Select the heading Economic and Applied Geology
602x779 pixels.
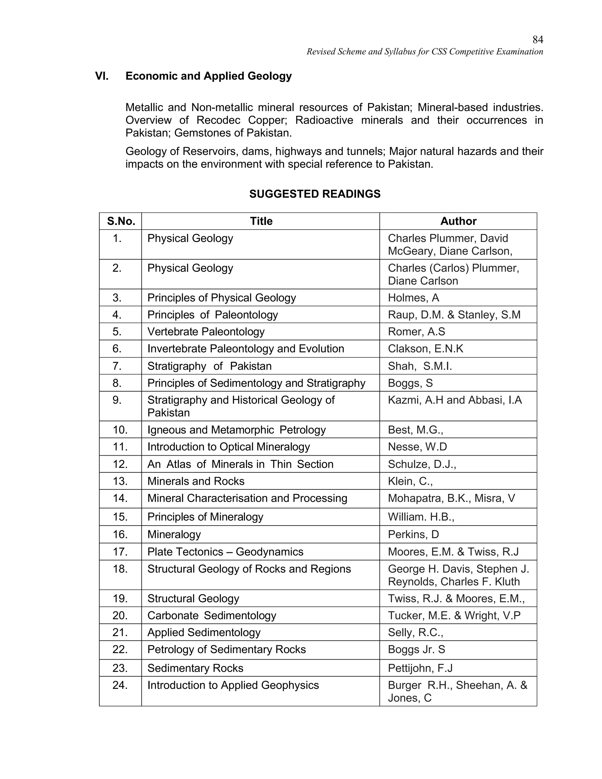coord(208,76)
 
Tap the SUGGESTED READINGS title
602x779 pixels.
coord(315,194)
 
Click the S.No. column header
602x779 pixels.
coord(121,221)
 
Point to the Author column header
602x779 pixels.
coord(458,221)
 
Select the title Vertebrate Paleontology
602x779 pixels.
coord(206,332)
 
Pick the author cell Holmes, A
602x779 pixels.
coord(413,298)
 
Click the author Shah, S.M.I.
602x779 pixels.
coord(420,366)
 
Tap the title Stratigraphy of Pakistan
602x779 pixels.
coord(209,366)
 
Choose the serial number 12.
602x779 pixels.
coord(120,464)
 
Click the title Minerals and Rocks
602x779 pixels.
coord(196,481)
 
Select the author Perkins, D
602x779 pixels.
coord(413,534)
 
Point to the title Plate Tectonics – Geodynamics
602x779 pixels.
coord(225,552)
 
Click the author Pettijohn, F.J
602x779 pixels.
coord(420,668)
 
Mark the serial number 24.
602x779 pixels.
coord(120,685)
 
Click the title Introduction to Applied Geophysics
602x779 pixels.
coord(233,685)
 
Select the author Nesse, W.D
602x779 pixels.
coord(417,447)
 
